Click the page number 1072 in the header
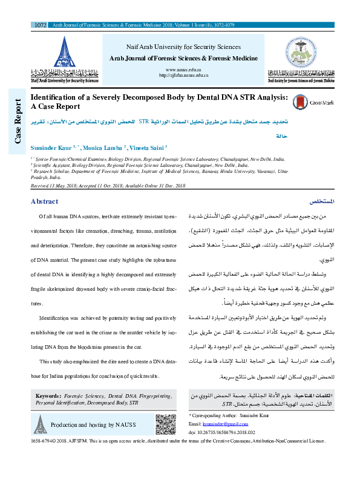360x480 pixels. pos(41,26)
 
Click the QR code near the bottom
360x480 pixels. pos(165,424)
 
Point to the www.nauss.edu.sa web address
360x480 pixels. pos(183,70)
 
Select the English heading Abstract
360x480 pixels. pos(44,201)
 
